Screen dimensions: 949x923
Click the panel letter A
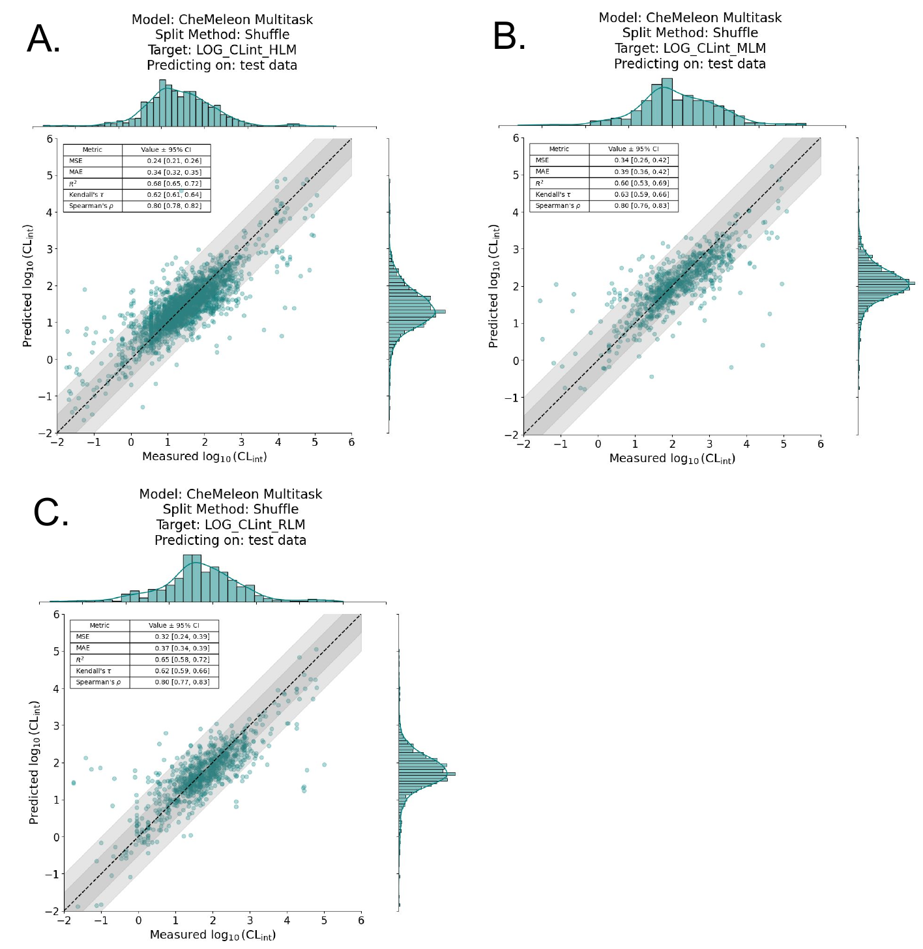(43, 40)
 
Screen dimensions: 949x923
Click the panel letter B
(509, 37)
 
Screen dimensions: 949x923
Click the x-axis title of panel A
(205, 457)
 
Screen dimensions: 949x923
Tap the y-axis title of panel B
(494, 285)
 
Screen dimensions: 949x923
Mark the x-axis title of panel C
(212, 935)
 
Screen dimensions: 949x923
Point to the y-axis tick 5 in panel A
(49, 175)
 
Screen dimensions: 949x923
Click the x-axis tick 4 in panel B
(747, 445)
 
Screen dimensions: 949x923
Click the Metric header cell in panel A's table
(93, 150)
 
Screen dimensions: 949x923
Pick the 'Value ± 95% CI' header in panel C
(174, 625)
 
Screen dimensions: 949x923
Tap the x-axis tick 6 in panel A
(352, 443)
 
